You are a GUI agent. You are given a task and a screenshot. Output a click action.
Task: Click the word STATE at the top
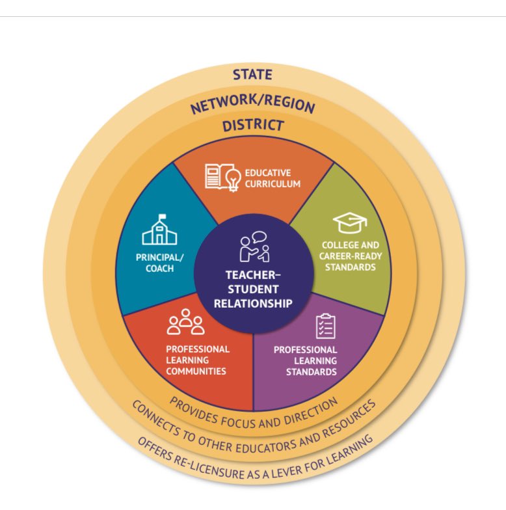(x=252, y=75)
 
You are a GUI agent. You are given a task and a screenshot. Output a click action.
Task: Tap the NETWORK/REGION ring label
(x=252, y=103)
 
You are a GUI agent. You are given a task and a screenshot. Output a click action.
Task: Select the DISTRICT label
(x=253, y=126)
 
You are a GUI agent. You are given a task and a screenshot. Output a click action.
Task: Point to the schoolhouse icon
(x=159, y=232)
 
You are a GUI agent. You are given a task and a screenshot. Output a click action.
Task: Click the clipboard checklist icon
(x=325, y=327)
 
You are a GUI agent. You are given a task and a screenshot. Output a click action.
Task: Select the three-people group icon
(x=185, y=323)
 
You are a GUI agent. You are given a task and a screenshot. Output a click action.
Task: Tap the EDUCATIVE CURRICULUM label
(x=273, y=178)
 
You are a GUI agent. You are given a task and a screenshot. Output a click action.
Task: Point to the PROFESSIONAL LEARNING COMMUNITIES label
(x=197, y=360)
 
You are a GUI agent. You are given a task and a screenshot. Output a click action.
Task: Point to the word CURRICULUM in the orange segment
(x=273, y=184)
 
